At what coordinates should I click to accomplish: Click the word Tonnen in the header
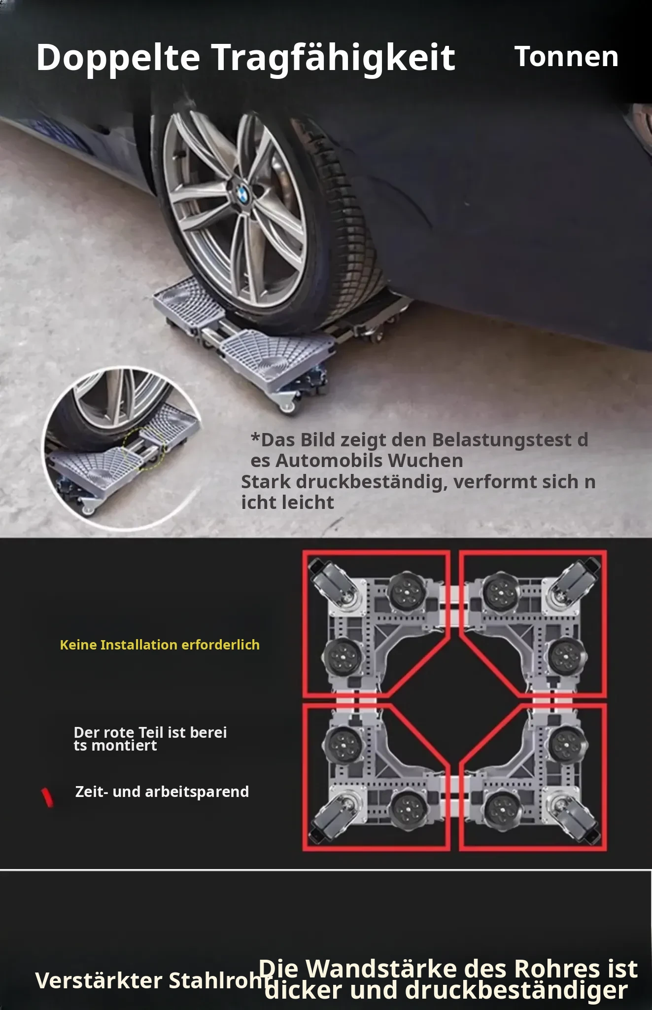[567, 56]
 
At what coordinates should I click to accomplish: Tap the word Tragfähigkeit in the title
[334, 58]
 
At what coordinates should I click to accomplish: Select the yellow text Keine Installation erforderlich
[160, 645]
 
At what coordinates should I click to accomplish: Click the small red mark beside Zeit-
[47, 797]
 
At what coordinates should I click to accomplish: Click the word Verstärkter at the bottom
[99, 980]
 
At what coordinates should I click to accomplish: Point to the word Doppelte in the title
[118, 58]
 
